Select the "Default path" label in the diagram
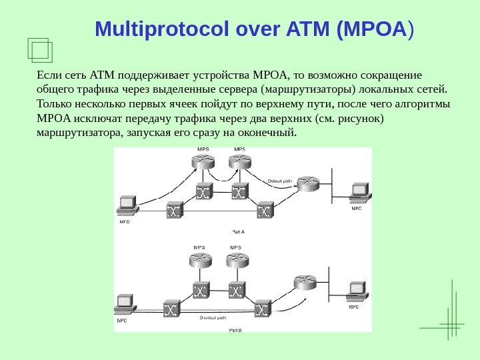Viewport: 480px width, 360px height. tap(279, 181)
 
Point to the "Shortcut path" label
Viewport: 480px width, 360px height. tap(213, 318)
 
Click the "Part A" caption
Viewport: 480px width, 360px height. tap(238, 232)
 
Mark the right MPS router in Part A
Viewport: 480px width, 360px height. tap(239, 161)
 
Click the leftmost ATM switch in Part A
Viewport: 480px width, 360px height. tap(175, 211)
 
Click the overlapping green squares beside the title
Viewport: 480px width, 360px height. tap(41, 49)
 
